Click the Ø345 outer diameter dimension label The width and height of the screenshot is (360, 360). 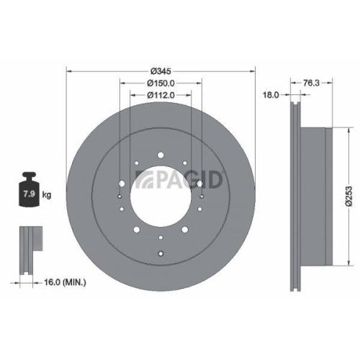[161, 71]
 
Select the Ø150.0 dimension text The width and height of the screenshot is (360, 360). [161, 83]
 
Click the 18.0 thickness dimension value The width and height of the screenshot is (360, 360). [271, 94]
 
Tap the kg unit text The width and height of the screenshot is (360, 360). [47, 195]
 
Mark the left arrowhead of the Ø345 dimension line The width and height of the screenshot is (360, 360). [68, 71]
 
